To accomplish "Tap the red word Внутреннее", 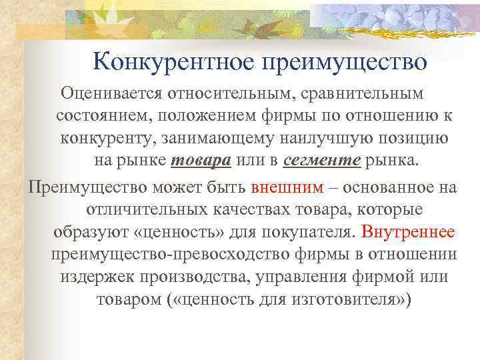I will click(x=407, y=231).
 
